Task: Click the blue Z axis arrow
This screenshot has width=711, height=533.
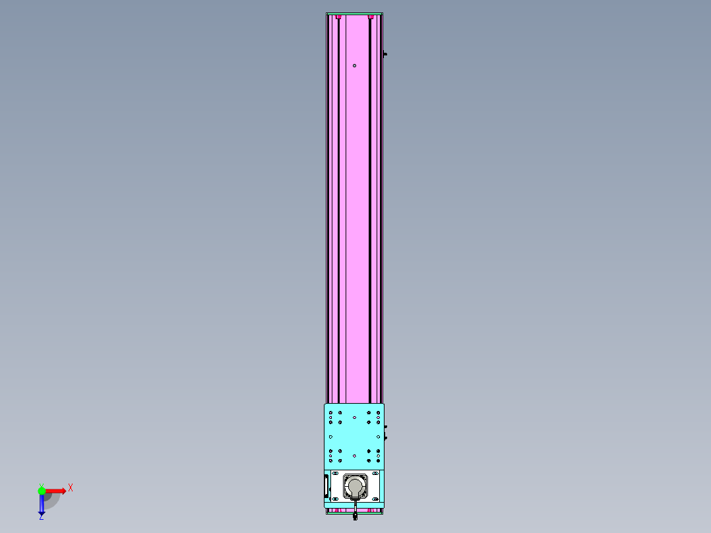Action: point(42,504)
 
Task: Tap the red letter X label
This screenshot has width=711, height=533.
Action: point(71,488)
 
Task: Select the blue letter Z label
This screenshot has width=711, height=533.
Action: point(42,517)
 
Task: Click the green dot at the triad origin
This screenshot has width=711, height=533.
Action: point(42,491)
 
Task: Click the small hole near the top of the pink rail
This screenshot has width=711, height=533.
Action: point(355,66)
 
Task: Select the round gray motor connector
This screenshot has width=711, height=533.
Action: point(355,487)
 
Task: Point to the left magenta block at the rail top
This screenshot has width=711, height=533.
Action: point(338,16)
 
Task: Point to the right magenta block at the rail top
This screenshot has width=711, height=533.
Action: point(371,16)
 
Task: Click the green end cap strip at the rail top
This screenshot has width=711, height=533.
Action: point(355,14)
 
